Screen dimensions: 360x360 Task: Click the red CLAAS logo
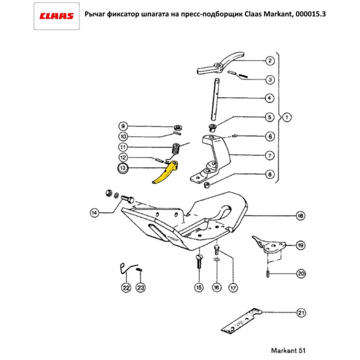tap(57, 16)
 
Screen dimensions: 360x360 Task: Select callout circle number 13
tap(123, 168)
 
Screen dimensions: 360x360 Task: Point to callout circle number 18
tap(300, 216)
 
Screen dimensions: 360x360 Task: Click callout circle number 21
tap(301, 313)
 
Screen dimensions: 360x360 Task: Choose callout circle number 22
tap(126, 288)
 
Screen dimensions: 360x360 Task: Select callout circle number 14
tap(94, 213)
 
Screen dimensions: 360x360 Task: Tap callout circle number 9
tap(123, 126)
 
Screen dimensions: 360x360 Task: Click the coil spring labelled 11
tap(176, 148)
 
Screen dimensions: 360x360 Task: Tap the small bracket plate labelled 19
tap(270, 246)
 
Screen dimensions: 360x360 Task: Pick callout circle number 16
tap(216, 288)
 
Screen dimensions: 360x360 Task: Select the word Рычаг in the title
tap(94, 15)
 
